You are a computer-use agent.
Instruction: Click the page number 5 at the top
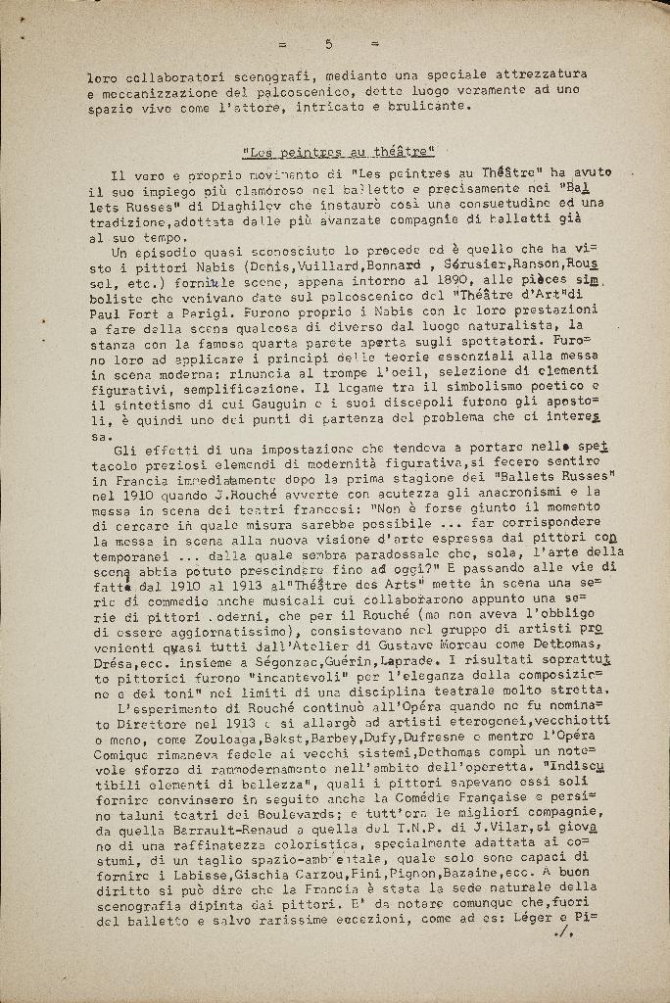[329, 44]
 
